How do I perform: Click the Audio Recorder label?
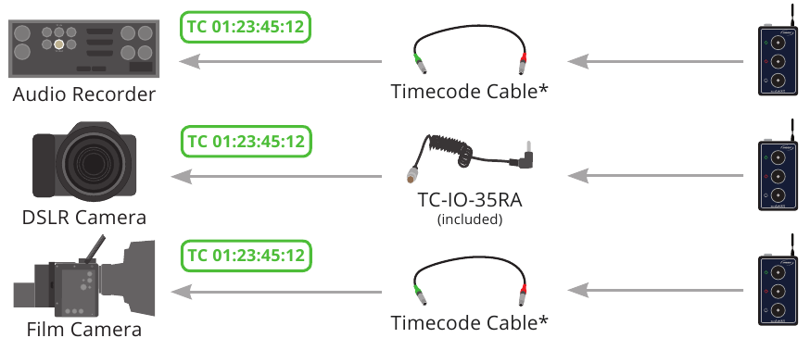[83, 94]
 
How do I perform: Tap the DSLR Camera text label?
[83, 218]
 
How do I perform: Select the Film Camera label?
[83, 329]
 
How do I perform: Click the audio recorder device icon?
[83, 47]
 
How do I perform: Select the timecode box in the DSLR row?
[246, 142]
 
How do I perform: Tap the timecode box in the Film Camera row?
[246, 254]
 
